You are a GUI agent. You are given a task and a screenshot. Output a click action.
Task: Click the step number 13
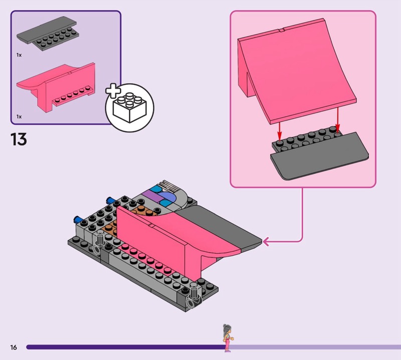click(19, 139)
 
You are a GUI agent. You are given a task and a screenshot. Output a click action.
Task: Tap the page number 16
click(14, 347)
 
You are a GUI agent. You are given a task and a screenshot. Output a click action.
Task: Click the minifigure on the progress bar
click(228, 338)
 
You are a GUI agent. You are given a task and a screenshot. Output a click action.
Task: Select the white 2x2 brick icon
click(130, 107)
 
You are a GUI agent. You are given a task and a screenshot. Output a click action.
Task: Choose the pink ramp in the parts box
click(56, 87)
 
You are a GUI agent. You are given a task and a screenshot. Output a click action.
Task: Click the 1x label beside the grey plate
click(19, 55)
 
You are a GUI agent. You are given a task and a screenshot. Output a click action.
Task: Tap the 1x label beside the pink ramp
click(19, 117)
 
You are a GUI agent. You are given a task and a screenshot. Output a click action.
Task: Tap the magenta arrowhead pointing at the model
click(266, 242)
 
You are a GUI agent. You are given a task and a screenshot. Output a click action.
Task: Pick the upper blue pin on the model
click(110, 200)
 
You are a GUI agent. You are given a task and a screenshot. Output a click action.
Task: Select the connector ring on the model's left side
click(96, 249)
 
